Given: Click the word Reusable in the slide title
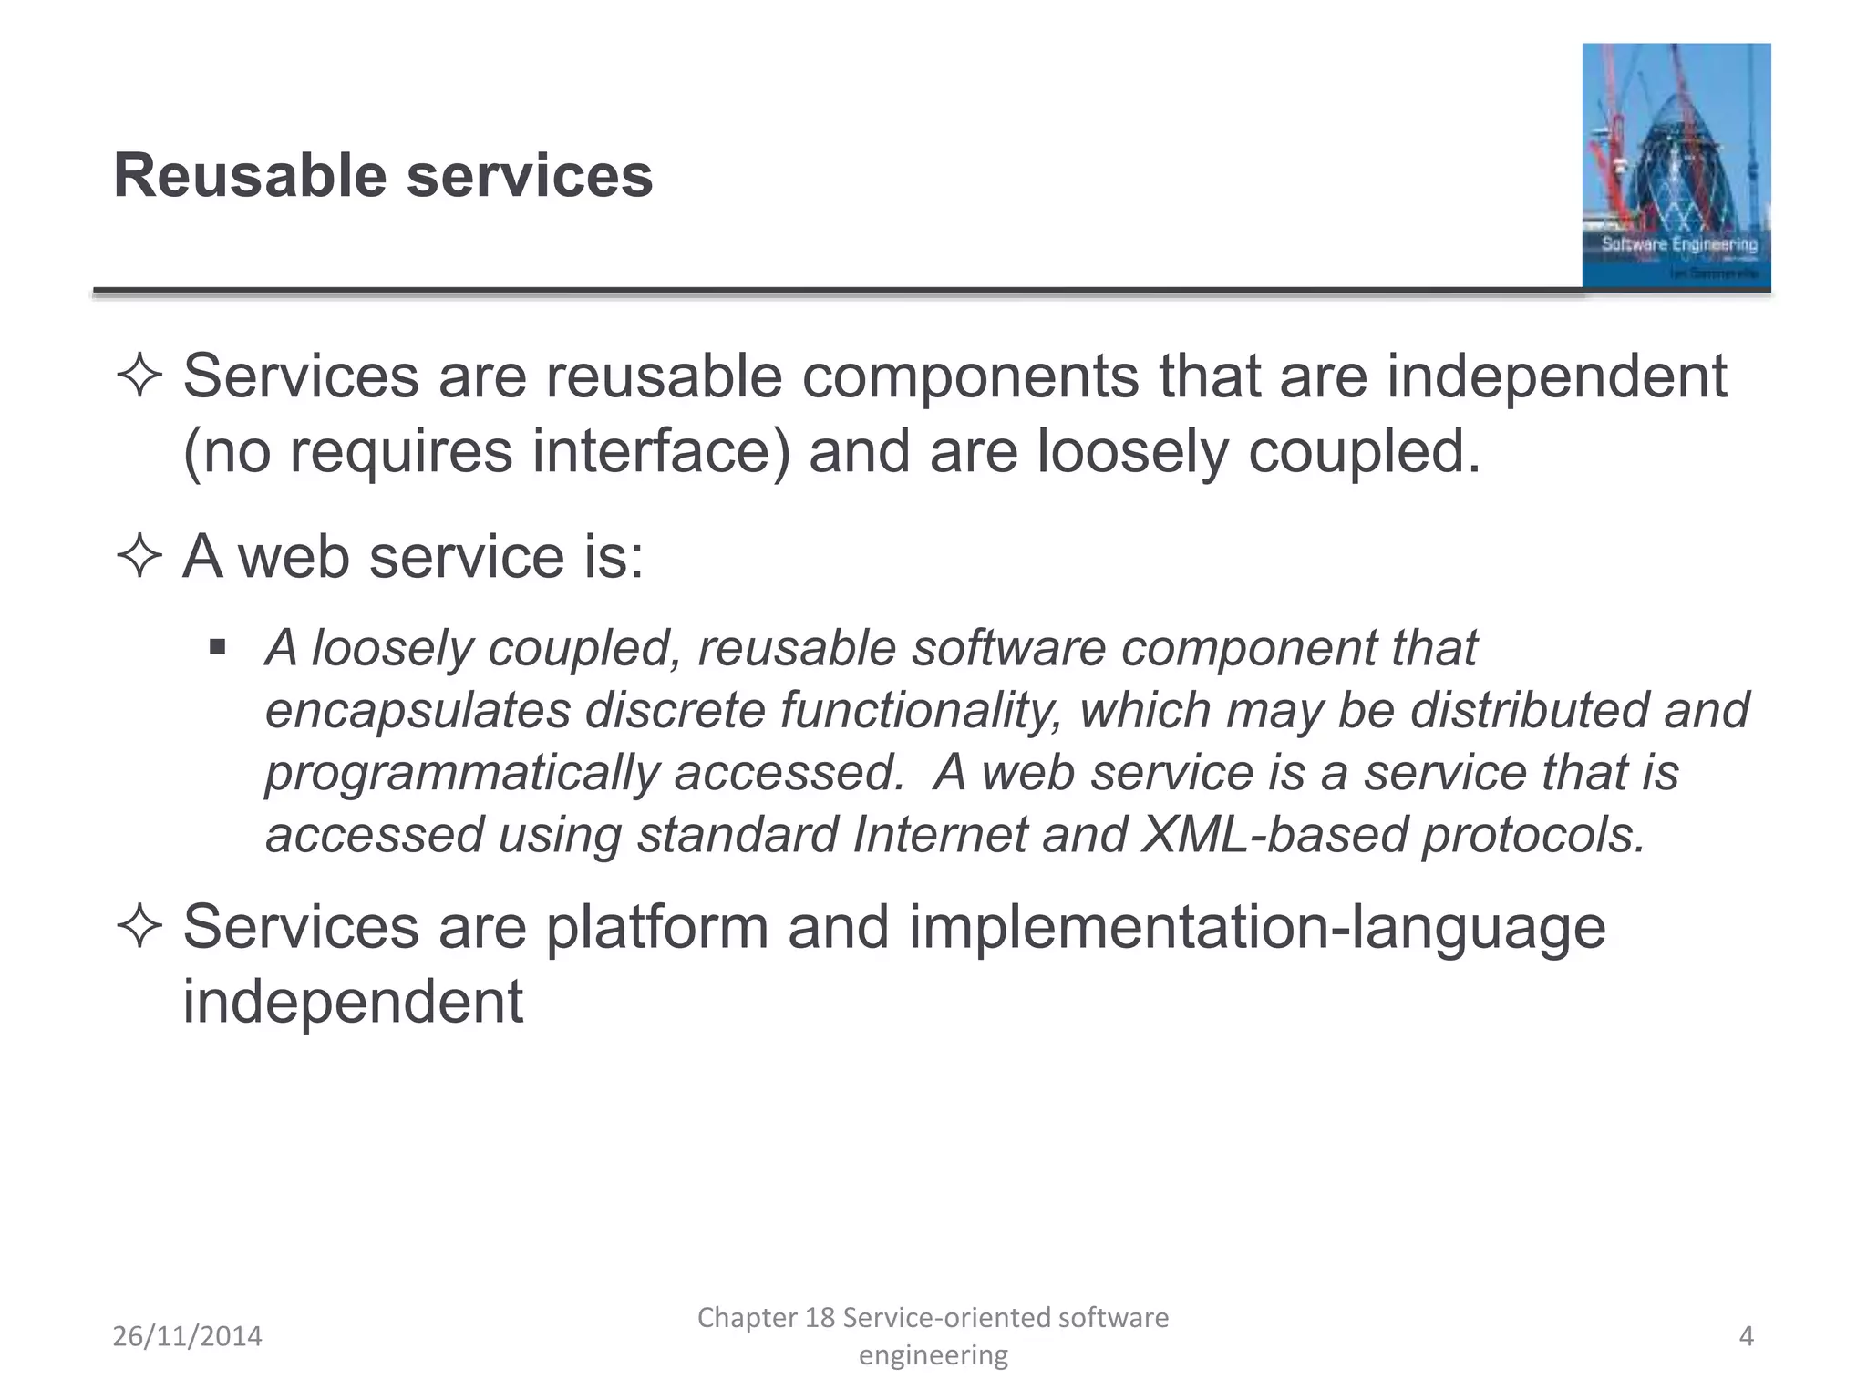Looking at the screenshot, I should click(x=251, y=175).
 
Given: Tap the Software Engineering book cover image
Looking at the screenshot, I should click(x=1676, y=166).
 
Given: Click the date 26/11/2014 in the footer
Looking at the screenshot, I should click(x=187, y=1336).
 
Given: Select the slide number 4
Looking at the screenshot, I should click(x=1746, y=1336).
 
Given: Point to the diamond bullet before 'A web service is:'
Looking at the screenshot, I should click(x=139, y=556).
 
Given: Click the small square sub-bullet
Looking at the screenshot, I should click(x=217, y=648).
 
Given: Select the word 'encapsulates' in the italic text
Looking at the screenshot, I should click(x=418, y=710).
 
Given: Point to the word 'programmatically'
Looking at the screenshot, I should click(x=461, y=772).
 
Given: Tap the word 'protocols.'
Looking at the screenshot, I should click(x=1535, y=834).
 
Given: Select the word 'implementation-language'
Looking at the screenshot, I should click(x=1257, y=927).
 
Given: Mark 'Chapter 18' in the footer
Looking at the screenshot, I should click(x=766, y=1318).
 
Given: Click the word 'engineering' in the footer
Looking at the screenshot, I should click(x=933, y=1355).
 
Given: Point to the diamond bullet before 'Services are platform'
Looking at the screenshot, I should click(x=139, y=927).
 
